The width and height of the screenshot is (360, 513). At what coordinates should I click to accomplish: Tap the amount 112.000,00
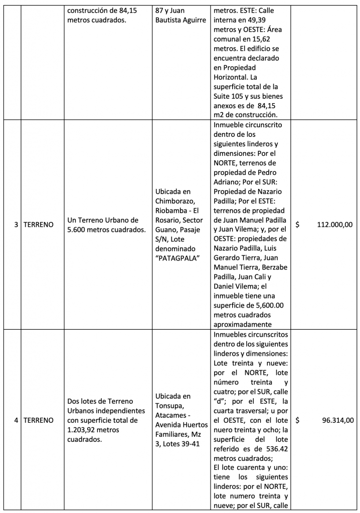pyautogui.click(x=335, y=225)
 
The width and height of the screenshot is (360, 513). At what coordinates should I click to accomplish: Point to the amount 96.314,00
pyautogui.click(x=337, y=420)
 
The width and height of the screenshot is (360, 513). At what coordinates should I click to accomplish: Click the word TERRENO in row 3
pyautogui.click(x=39, y=225)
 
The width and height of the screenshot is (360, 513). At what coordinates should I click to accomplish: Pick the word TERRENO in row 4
pyautogui.click(x=39, y=420)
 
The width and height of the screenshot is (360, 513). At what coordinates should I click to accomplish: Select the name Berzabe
pyautogui.click(x=274, y=268)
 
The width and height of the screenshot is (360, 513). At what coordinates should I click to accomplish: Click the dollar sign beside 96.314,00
pyautogui.click(x=297, y=420)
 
